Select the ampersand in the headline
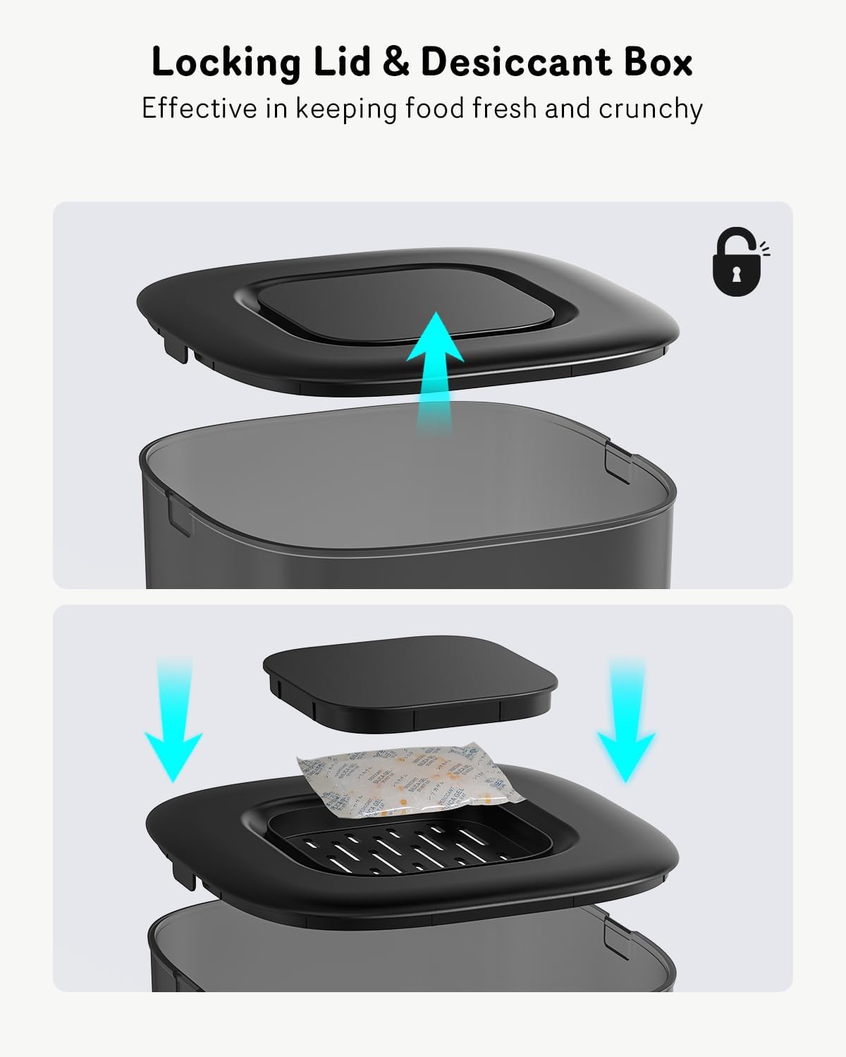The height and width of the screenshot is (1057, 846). click(396, 62)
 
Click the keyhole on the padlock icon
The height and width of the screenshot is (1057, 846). click(737, 273)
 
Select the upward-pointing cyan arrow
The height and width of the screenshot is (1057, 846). click(434, 366)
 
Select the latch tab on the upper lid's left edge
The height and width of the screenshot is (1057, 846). click(176, 348)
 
